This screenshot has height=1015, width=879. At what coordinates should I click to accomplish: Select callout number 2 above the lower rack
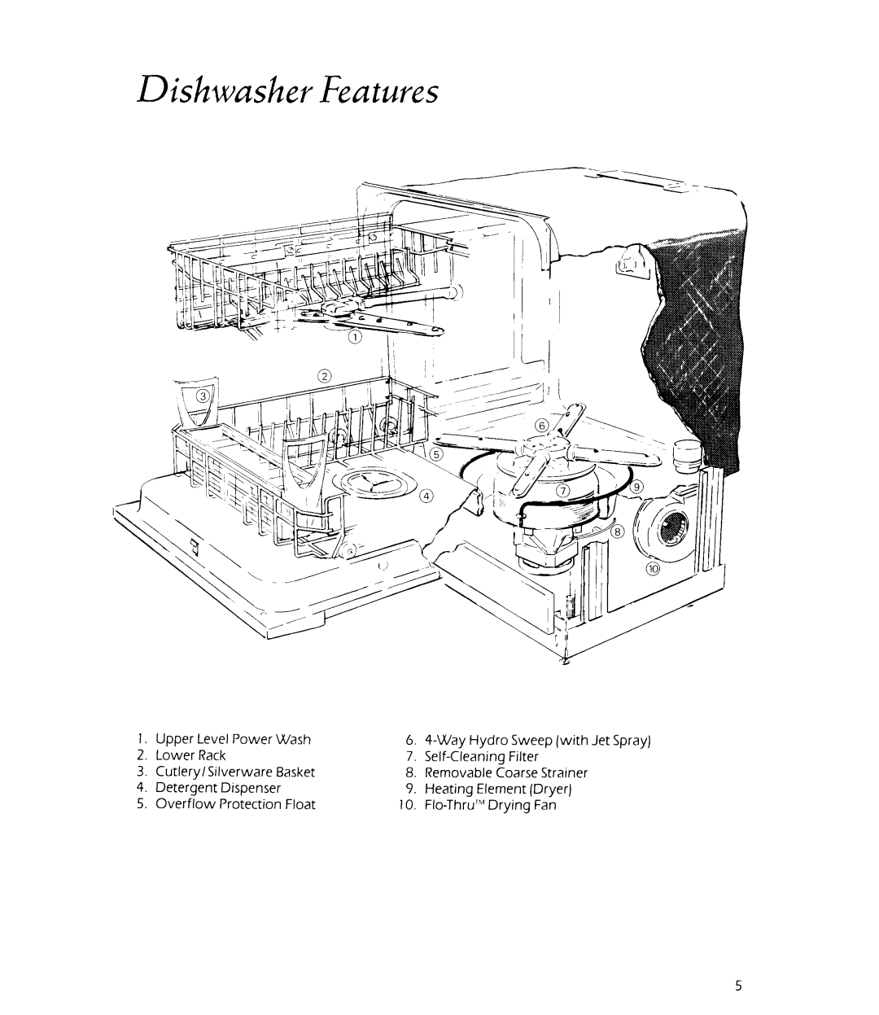pyautogui.click(x=324, y=376)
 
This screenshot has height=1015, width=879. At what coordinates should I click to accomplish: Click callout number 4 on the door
pyautogui.click(x=426, y=497)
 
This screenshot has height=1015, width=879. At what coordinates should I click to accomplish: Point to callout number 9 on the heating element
pyautogui.click(x=638, y=486)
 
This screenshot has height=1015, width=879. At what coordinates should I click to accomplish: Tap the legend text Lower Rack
pyautogui.click(x=196, y=755)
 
